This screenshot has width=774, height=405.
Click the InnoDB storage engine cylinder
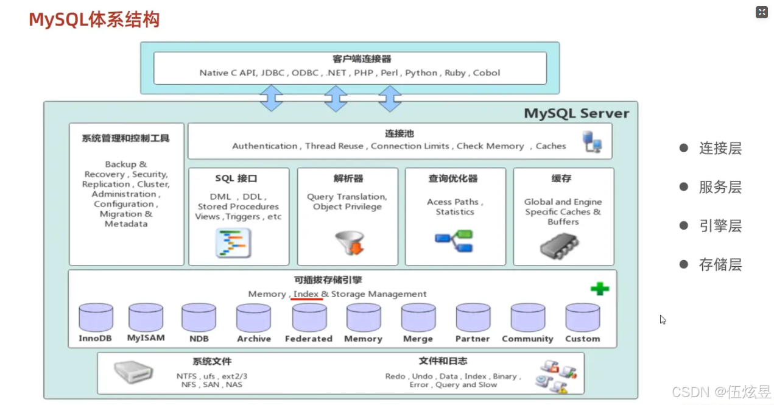pyautogui.click(x=96, y=317)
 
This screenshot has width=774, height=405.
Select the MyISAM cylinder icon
pyautogui.click(x=146, y=317)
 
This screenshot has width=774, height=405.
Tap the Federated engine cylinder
pyautogui.click(x=309, y=317)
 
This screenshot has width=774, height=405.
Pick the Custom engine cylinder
pyautogui.click(x=582, y=317)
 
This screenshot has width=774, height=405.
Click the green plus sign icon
pyautogui.click(x=600, y=289)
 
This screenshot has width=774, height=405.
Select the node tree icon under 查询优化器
pyautogui.click(x=454, y=241)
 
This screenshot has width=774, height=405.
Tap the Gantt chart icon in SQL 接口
pyautogui.click(x=233, y=243)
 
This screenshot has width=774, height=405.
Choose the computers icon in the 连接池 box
pyautogui.click(x=592, y=141)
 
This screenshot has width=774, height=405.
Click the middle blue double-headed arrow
pyautogui.click(x=336, y=98)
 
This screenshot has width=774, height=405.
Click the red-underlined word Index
pyautogui.click(x=306, y=294)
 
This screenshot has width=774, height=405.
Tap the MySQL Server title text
pyautogui.click(x=576, y=113)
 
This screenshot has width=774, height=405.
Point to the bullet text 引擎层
pyautogui.click(x=720, y=226)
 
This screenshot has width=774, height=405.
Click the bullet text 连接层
pyautogui.click(x=720, y=148)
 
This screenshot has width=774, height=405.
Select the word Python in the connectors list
pyautogui.click(x=421, y=72)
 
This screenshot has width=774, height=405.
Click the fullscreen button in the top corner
pyautogui.click(x=761, y=12)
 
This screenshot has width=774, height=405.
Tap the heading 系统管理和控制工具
pyautogui.click(x=125, y=138)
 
